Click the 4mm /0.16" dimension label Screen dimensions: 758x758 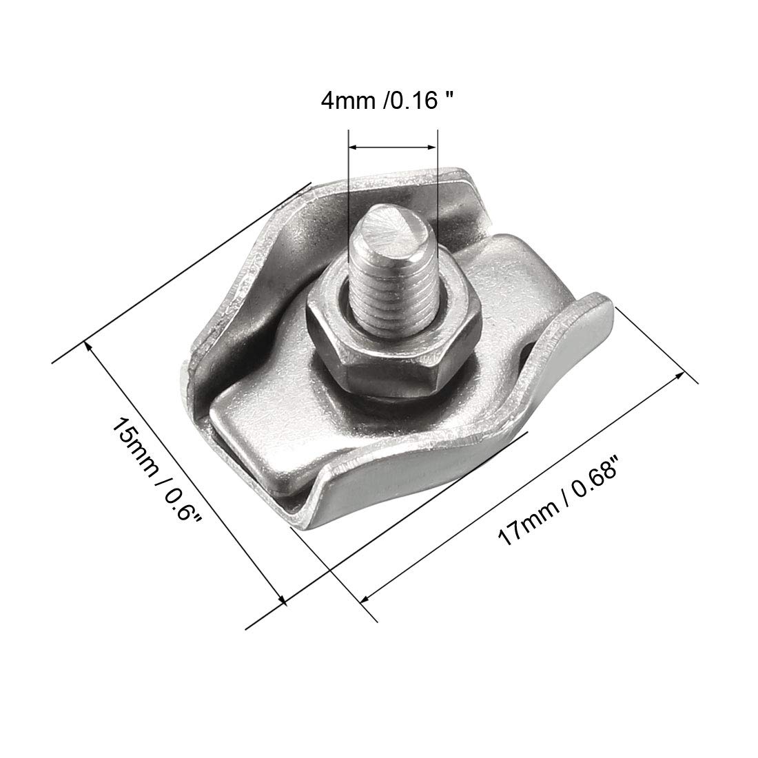click(x=389, y=101)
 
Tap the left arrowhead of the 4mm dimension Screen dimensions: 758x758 click(x=353, y=146)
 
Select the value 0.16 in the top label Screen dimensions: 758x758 click(x=421, y=101)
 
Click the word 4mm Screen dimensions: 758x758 click(x=343, y=101)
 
